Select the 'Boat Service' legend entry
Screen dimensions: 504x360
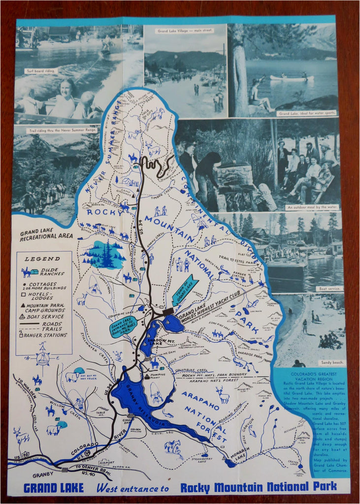(48, 316)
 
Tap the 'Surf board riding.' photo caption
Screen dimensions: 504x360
(41, 71)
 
